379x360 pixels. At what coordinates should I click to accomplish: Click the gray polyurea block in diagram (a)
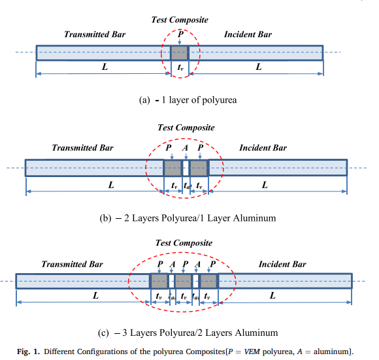(179, 53)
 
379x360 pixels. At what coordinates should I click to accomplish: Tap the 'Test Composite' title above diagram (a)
(180, 20)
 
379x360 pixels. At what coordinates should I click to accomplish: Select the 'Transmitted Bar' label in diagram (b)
(83, 148)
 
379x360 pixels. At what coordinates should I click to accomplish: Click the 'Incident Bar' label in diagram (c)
(282, 264)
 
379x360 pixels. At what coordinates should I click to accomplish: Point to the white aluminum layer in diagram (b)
(186, 168)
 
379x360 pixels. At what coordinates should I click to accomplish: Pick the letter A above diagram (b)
(185, 148)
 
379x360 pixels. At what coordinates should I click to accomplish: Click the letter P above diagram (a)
(180, 34)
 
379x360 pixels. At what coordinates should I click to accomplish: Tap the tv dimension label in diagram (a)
(180, 67)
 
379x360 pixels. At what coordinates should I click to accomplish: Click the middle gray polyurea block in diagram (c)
(183, 281)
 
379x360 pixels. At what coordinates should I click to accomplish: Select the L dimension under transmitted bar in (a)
(105, 67)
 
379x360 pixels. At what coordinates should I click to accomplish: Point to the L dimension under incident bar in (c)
(272, 295)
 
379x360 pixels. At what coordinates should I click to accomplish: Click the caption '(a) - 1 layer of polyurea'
(188, 100)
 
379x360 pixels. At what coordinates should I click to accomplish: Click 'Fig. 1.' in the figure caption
(28, 352)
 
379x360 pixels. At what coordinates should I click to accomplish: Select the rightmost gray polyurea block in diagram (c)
(208, 281)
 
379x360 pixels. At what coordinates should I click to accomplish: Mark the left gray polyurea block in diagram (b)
(173, 168)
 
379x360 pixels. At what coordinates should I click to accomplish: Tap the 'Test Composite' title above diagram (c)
(184, 243)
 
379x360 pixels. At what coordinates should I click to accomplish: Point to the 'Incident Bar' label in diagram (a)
(248, 35)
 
